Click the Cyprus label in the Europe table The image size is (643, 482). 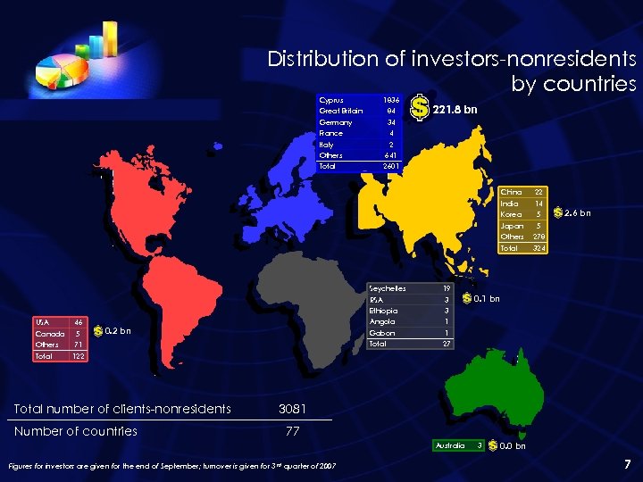[331, 100]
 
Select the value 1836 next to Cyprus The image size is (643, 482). [390, 100]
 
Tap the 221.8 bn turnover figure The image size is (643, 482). [455, 110]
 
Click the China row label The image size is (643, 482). [512, 192]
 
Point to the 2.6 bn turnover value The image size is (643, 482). [578, 213]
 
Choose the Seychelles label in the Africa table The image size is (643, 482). [388, 288]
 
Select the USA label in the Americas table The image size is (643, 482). [41, 322]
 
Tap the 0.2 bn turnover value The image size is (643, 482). [118, 331]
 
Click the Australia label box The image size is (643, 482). [449, 445]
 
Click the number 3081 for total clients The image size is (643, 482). [293, 409]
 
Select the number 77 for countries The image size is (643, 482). [293, 431]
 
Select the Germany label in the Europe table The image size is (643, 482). [336, 122]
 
